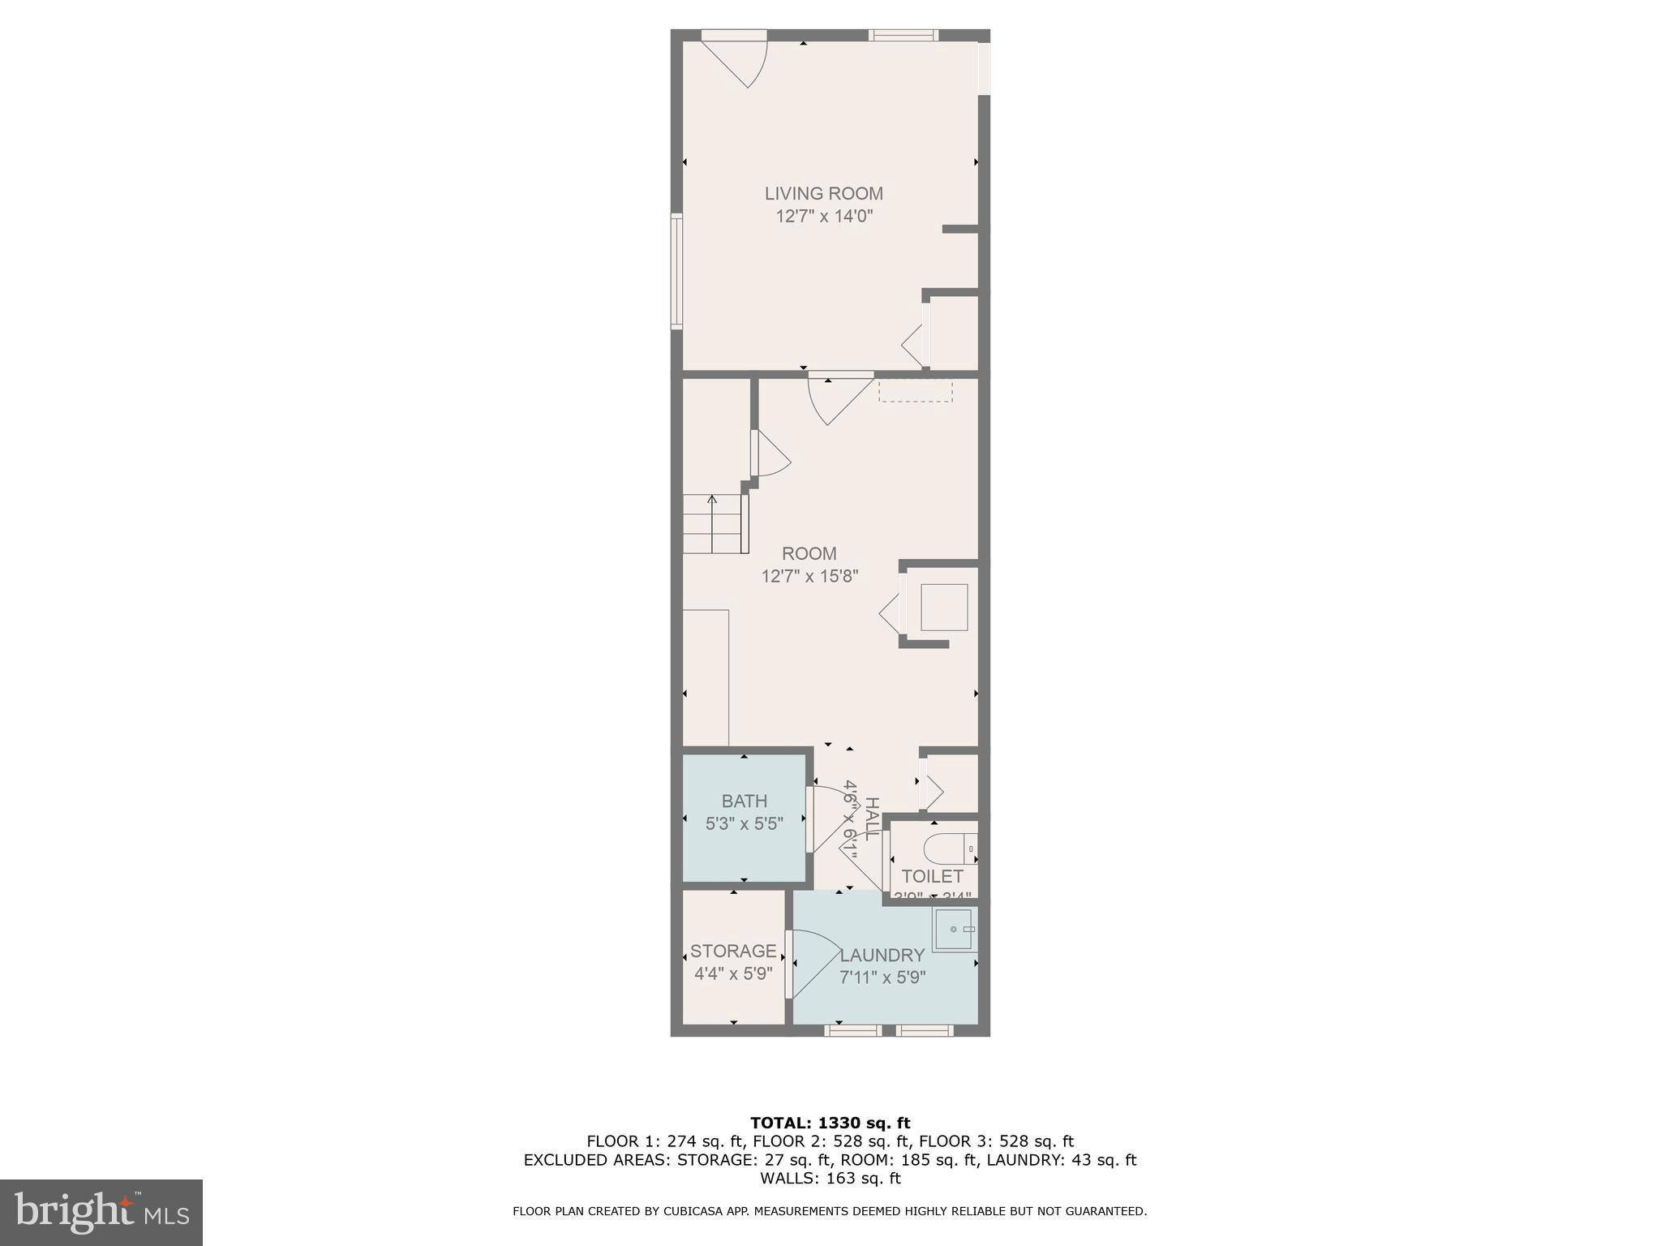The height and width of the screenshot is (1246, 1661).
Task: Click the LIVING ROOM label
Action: coord(823,194)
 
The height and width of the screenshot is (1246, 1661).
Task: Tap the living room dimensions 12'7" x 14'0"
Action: coord(823,217)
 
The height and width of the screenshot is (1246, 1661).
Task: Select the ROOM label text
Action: coord(809,554)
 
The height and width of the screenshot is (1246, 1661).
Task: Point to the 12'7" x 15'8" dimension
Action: coord(809,577)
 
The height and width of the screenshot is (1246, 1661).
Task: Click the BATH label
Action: coord(744,801)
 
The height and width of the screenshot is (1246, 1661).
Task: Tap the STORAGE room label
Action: coord(733,951)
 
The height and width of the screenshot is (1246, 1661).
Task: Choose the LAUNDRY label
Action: coord(882,956)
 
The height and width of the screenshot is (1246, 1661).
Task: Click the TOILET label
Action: coord(932,877)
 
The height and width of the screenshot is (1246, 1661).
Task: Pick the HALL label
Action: coord(872,818)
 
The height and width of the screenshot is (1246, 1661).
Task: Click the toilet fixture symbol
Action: coord(949,849)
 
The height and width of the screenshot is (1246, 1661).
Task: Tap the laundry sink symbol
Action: coord(953,930)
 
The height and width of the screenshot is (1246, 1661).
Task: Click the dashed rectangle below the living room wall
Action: coord(915,391)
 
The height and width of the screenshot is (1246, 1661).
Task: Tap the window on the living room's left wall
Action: coord(676,271)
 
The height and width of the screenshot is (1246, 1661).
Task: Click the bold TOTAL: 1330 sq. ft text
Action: coord(830,1124)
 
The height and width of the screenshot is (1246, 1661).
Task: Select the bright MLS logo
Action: coord(101,1212)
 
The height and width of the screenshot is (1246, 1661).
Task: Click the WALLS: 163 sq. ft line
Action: coord(830,1179)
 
